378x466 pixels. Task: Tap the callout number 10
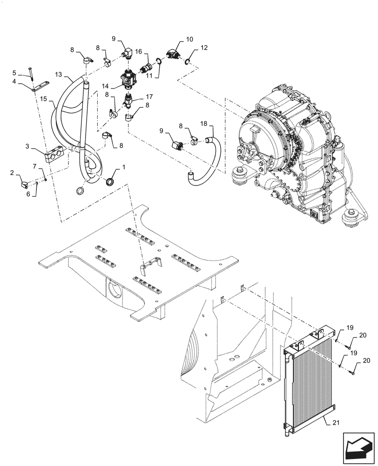click(189, 40)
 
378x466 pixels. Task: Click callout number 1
click(124, 166)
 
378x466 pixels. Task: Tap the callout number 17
click(149, 97)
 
